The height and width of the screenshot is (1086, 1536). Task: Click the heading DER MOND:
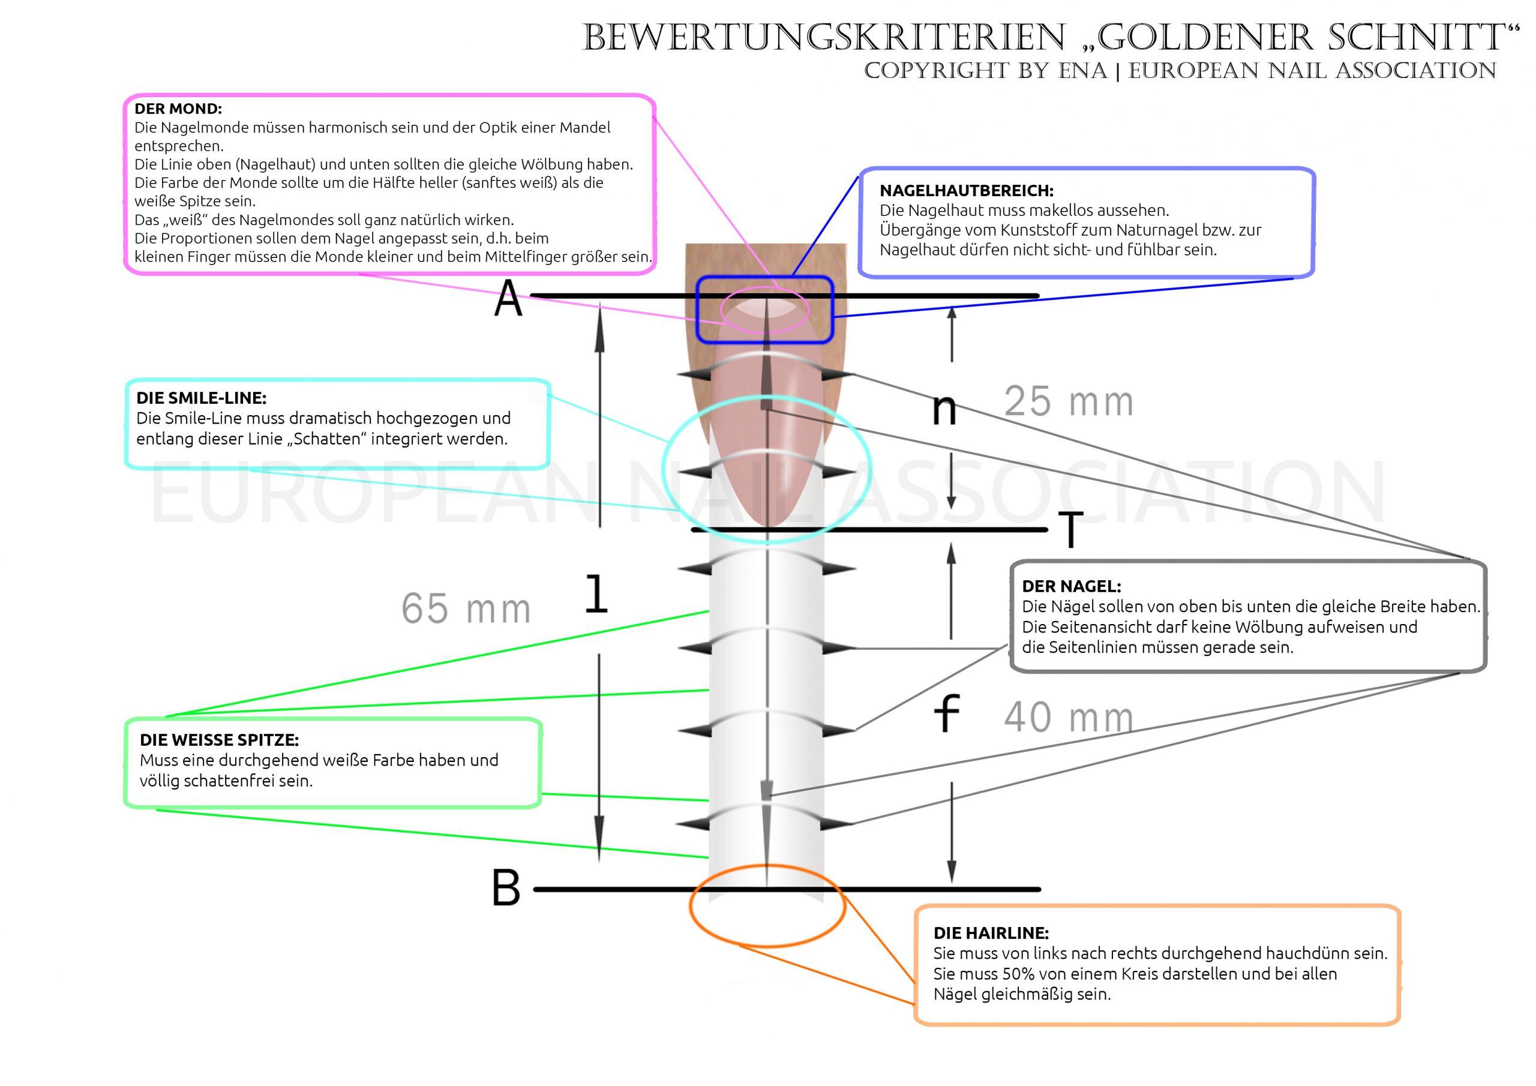click(x=178, y=109)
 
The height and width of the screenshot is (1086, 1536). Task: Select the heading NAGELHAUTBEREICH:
click(x=966, y=191)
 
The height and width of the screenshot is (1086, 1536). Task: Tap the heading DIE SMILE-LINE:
click(x=202, y=398)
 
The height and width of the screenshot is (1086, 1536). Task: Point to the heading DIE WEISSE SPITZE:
click(x=220, y=740)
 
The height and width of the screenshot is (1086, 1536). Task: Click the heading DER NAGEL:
click(x=1072, y=586)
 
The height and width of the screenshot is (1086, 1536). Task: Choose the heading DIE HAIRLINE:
click(x=991, y=933)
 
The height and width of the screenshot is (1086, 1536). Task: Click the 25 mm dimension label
click(x=1069, y=401)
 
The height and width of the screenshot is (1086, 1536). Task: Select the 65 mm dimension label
click(x=466, y=608)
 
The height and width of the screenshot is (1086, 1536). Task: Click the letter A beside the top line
click(x=508, y=298)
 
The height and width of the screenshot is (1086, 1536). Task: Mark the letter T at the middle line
click(x=1070, y=529)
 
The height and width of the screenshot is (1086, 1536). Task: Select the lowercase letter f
click(x=947, y=713)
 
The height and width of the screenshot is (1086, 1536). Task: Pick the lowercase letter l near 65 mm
click(x=596, y=594)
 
